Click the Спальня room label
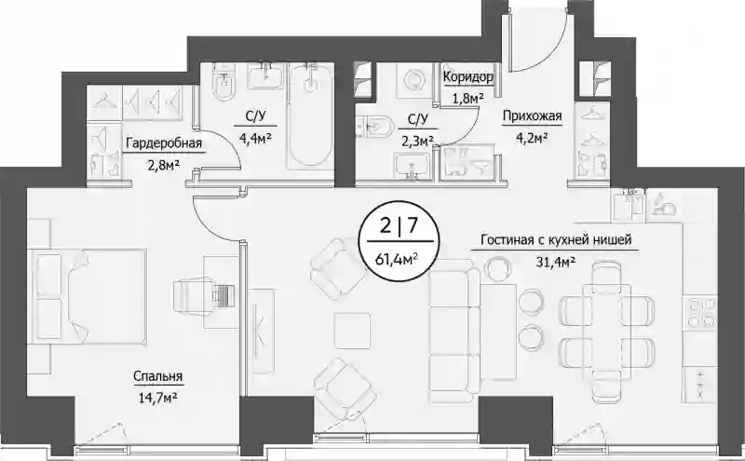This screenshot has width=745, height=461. [x=157, y=376]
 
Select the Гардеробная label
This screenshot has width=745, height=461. [x=164, y=143]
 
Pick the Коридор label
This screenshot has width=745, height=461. [x=468, y=76]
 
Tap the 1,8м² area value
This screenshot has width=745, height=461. [x=467, y=99]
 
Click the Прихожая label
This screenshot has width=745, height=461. [x=532, y=115]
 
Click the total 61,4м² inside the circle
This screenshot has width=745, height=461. [x=399, y=259]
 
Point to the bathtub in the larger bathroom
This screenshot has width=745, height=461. [x=310, y=116]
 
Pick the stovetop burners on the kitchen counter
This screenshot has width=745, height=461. [x=699, y=313]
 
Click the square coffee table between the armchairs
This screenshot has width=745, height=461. [x=352, y=331]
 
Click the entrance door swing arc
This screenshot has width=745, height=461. [x=551, y=48]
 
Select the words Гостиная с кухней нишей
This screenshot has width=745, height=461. [x=556, y=240]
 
